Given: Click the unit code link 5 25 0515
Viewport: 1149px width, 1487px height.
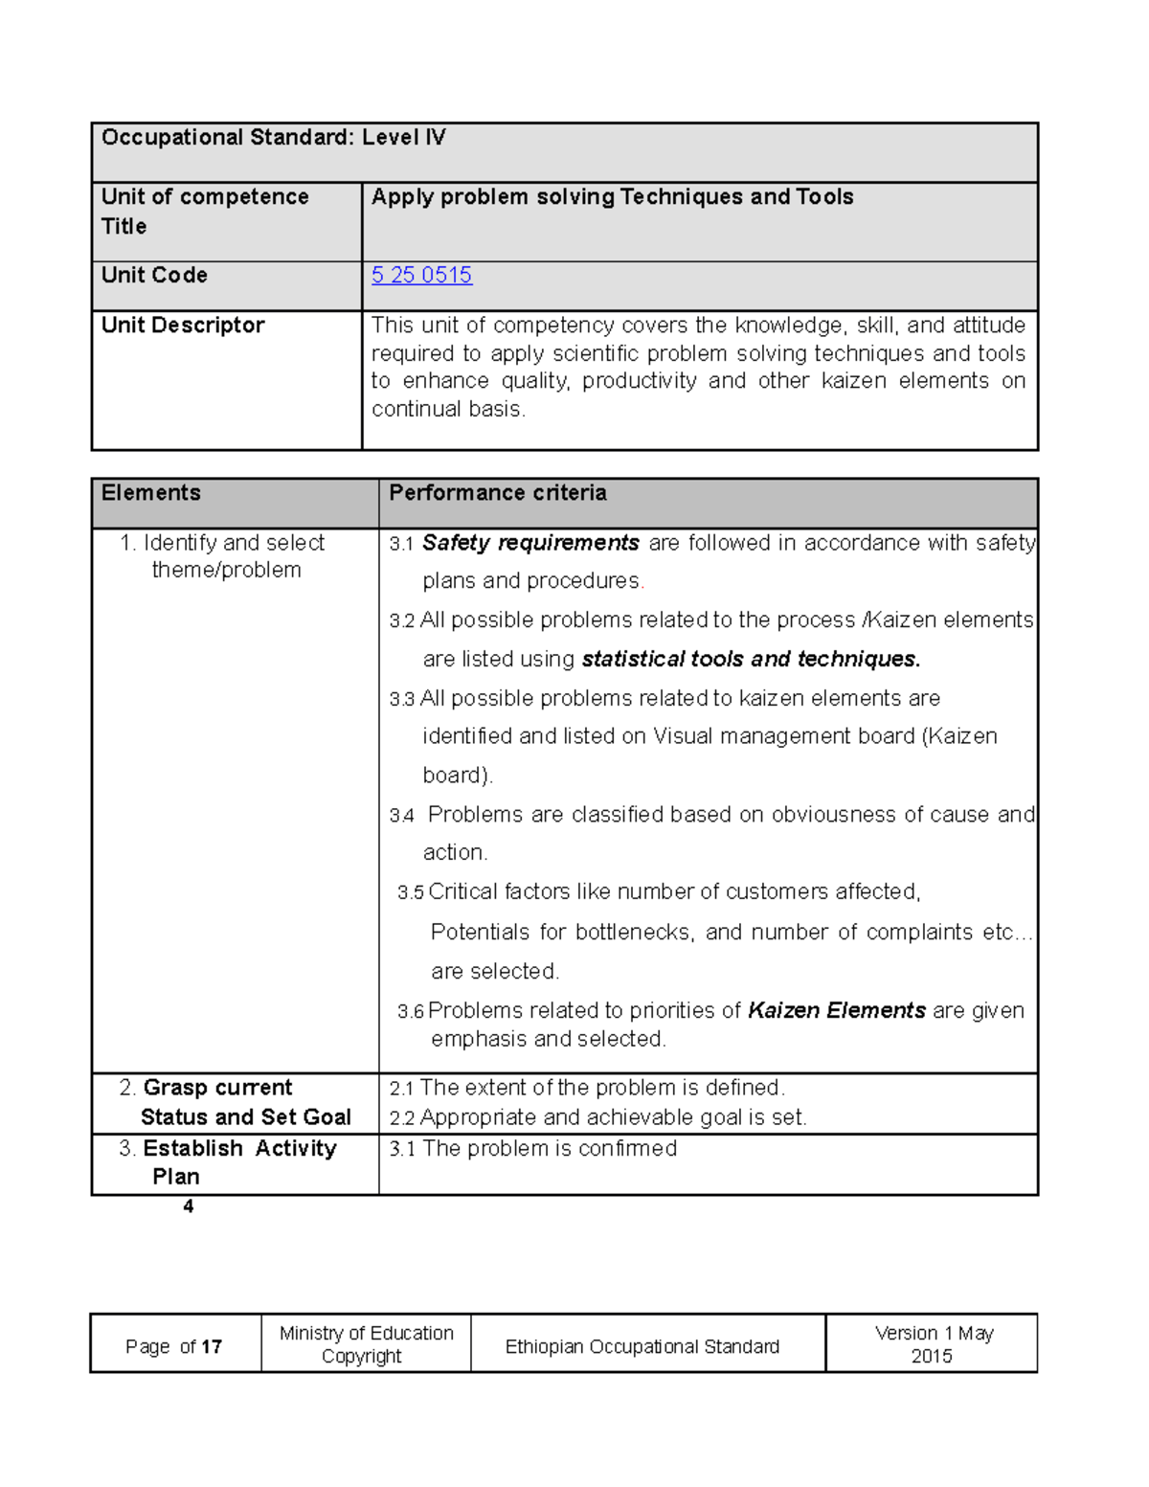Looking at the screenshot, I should pos(421,276).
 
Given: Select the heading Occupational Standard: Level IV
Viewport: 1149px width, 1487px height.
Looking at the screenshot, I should pos(273,138).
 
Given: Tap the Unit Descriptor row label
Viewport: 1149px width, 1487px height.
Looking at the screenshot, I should pos(183,326).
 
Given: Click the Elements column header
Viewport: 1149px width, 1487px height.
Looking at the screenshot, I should pos(151,493).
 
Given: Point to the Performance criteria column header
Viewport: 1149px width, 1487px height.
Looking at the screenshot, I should pos(497,493).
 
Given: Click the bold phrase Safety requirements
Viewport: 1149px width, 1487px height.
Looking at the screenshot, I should pos(530,543).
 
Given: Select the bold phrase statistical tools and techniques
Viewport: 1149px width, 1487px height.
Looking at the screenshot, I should pos(751,660).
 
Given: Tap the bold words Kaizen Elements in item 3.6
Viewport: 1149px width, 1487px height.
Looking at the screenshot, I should pos(836,1011).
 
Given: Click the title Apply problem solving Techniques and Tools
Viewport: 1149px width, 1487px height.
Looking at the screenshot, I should pos(612,197).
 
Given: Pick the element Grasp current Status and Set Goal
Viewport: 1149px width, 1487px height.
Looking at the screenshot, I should pos(236,1103).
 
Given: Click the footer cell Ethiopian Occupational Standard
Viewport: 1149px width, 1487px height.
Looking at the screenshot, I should pos(642,1347).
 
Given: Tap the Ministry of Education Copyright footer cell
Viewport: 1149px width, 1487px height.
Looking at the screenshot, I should pos(366,1344).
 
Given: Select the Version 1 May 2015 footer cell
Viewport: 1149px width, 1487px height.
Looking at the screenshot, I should pos(933,1344).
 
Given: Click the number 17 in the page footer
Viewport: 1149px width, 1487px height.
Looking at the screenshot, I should pos(212,1347).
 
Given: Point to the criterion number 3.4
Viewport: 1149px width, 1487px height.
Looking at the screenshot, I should pos(401,816).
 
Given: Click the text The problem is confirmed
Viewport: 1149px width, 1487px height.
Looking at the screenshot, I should pos(550,1149).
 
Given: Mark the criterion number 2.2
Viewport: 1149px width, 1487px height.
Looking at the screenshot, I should pos(401,1118).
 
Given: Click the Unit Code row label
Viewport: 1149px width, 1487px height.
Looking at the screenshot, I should pos(154,276).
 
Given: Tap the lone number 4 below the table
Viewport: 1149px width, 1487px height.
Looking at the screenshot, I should pos(189,1206).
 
